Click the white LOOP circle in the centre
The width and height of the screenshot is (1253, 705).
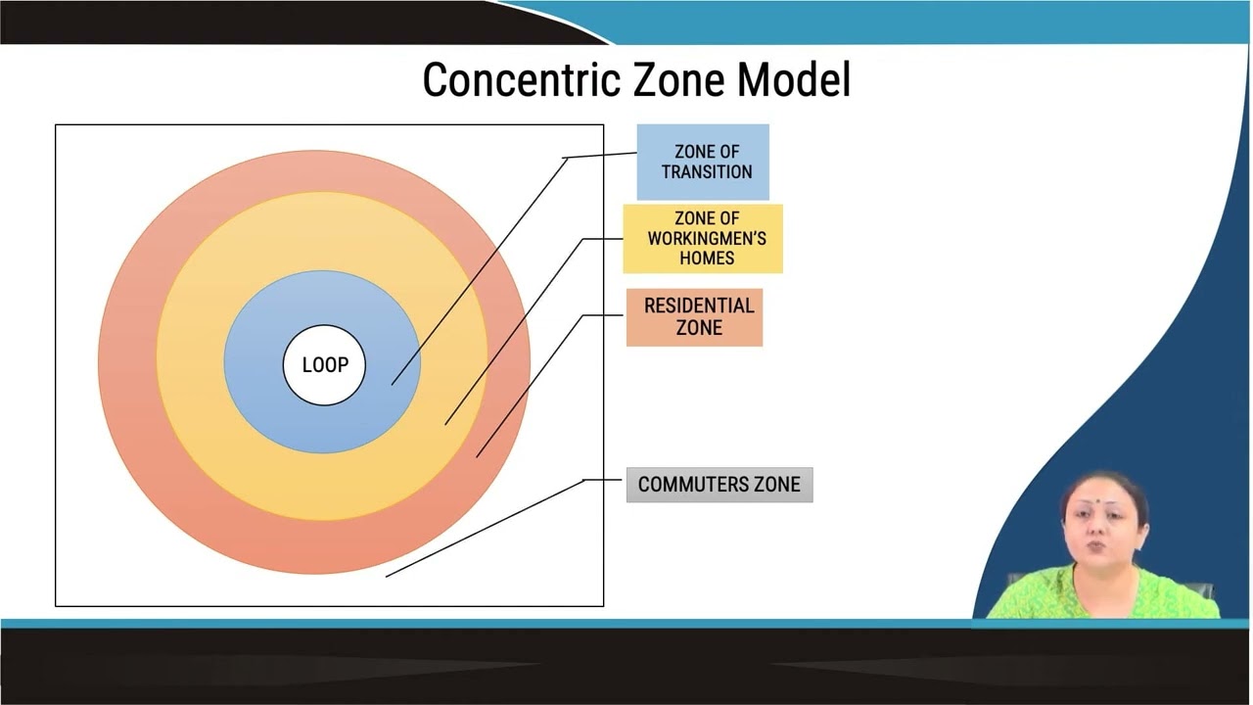point(324,365)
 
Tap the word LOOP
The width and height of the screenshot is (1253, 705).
point(325,365)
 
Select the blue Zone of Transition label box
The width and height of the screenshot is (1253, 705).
point(703,163)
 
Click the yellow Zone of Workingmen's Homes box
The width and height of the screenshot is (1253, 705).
point(703,239)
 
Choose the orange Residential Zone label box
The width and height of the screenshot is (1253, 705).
point(694,317)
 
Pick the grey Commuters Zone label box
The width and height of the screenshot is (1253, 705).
point(719,485)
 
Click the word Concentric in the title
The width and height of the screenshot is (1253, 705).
point(522,80)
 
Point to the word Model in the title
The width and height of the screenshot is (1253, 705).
point(794,79)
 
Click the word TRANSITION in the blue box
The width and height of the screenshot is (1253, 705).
point(707,171)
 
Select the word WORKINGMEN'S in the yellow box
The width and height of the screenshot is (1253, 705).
point(707,238)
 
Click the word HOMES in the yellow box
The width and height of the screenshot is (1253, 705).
point(707,258)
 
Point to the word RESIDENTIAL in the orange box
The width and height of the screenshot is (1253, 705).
point(699,305)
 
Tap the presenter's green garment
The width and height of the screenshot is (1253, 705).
point(1102,596)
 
